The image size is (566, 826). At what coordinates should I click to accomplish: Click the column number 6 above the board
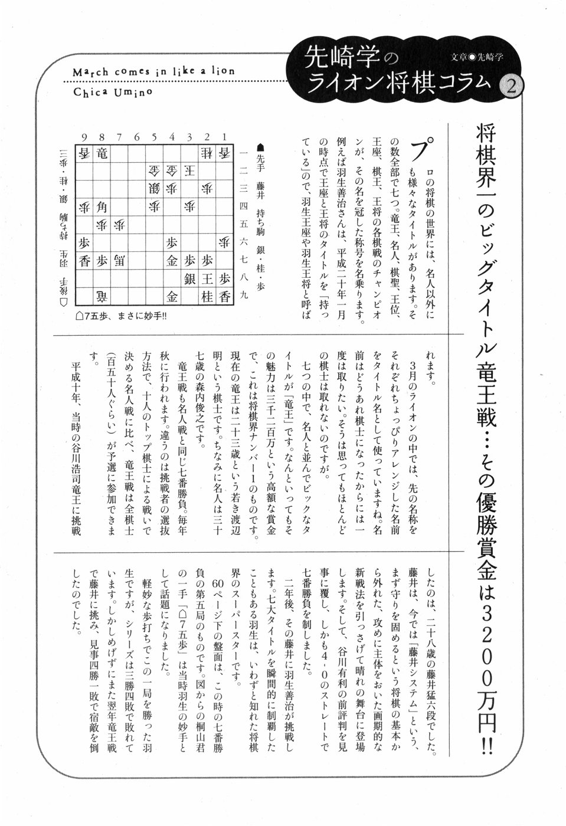point(136,137)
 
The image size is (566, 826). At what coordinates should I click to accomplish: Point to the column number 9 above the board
point(84,137)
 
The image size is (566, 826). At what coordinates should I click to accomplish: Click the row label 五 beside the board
point(245,224)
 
